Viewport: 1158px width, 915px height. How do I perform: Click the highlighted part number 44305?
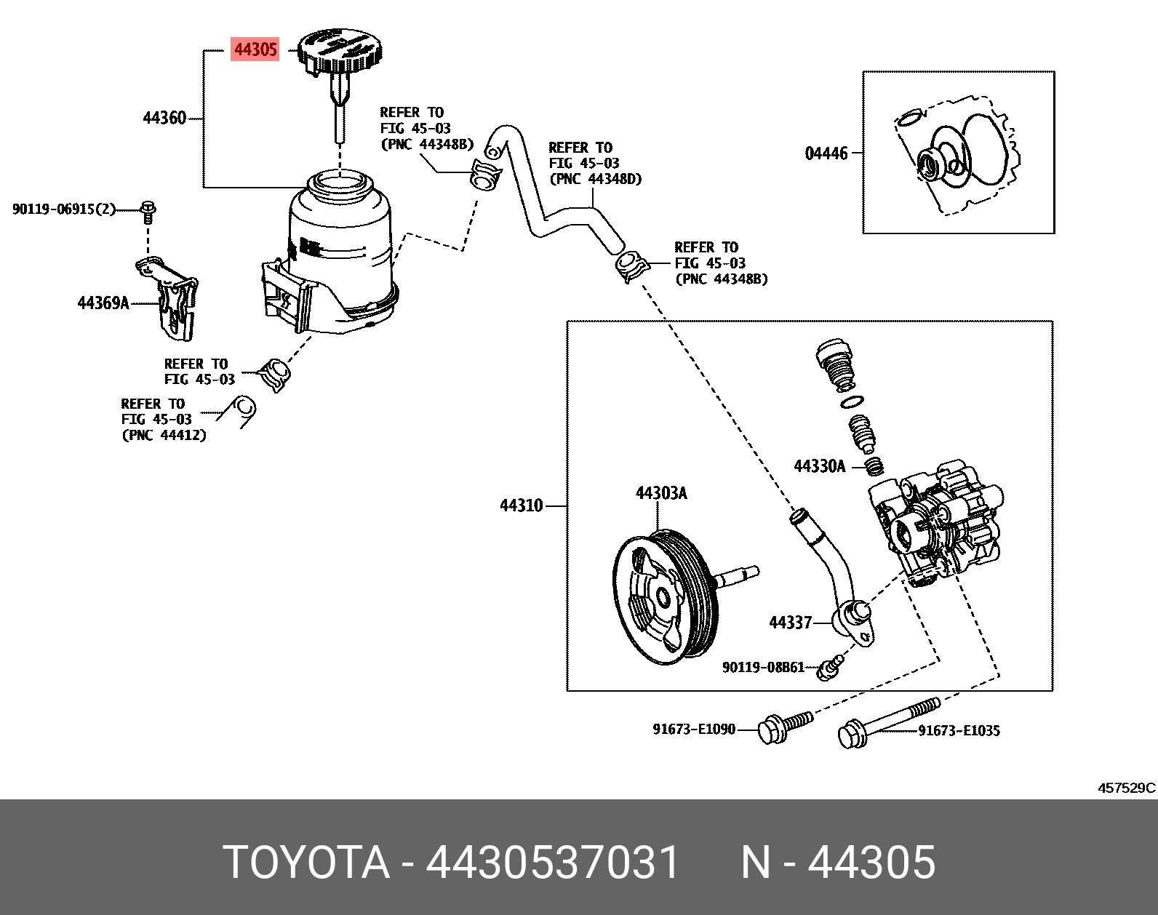click(255, 49)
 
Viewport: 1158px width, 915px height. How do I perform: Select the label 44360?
click(165, 118)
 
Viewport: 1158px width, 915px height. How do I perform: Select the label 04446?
click(826, 153)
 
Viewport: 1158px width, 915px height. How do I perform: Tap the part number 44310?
click(521, 506)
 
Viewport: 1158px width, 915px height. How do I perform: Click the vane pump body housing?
click(938, 524)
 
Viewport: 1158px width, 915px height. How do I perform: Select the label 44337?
click(790, 623)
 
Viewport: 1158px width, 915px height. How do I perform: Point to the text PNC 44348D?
click(596, 179)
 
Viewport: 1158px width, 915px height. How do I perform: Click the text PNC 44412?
click(164, 435)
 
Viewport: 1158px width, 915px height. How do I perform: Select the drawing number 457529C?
click(1126, 788)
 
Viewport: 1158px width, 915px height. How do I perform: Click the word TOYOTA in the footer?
click(306, 863)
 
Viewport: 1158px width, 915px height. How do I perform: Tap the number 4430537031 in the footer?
click(553, 863)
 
